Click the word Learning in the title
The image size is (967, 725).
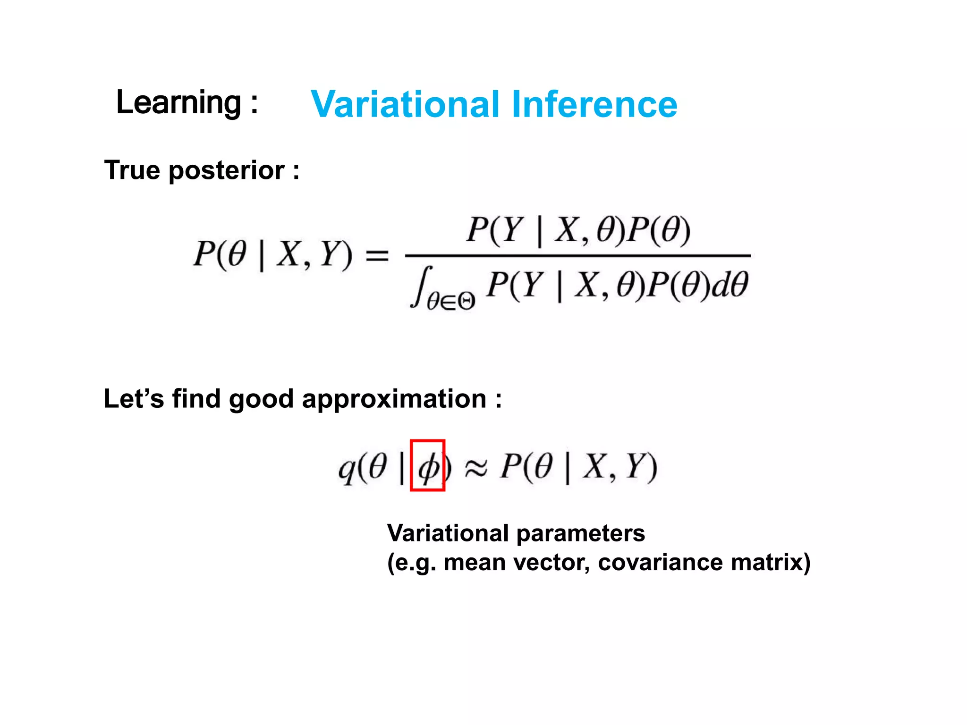coord(178,102)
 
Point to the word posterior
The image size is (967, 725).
coord(227,171)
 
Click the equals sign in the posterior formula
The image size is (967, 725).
coord(377,256)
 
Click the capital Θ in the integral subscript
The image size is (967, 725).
coord(466,301)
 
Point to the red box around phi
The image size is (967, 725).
coord(427,465)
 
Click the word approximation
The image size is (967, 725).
coord(394,399)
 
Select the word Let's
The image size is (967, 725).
coord(134,398)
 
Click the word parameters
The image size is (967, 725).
coord(580,534)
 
